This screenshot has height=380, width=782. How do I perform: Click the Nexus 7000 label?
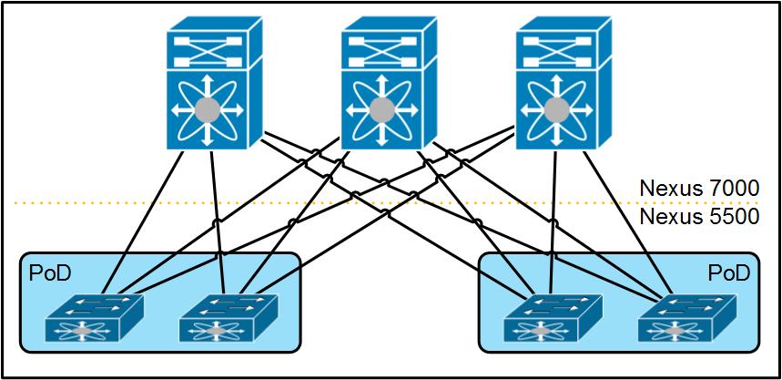(699, 189)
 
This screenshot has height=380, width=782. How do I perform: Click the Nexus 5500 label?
(699, 216)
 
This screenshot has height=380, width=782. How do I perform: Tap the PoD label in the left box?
(50, 273)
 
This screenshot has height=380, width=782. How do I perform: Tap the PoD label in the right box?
(728, 273)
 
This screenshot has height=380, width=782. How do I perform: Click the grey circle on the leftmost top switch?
(207, 109)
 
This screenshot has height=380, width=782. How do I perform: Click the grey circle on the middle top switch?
(382, 109)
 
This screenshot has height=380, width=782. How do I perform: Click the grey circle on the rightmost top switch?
(556, 109)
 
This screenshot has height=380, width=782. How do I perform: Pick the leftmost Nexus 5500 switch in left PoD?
(95, 318)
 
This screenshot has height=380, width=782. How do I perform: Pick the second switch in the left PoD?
(229, 318)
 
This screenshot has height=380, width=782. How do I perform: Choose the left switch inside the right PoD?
(553, 318)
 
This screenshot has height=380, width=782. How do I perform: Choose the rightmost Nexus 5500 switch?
(686, 318)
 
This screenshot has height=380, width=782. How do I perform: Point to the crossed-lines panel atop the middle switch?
(382, 51)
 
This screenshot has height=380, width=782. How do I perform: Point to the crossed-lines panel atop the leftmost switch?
(207, 51)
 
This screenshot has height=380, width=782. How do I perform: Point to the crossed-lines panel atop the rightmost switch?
(556, 51)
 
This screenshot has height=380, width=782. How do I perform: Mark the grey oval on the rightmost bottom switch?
(675, 331)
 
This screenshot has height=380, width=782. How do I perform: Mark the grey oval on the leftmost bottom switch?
(82, 331)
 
